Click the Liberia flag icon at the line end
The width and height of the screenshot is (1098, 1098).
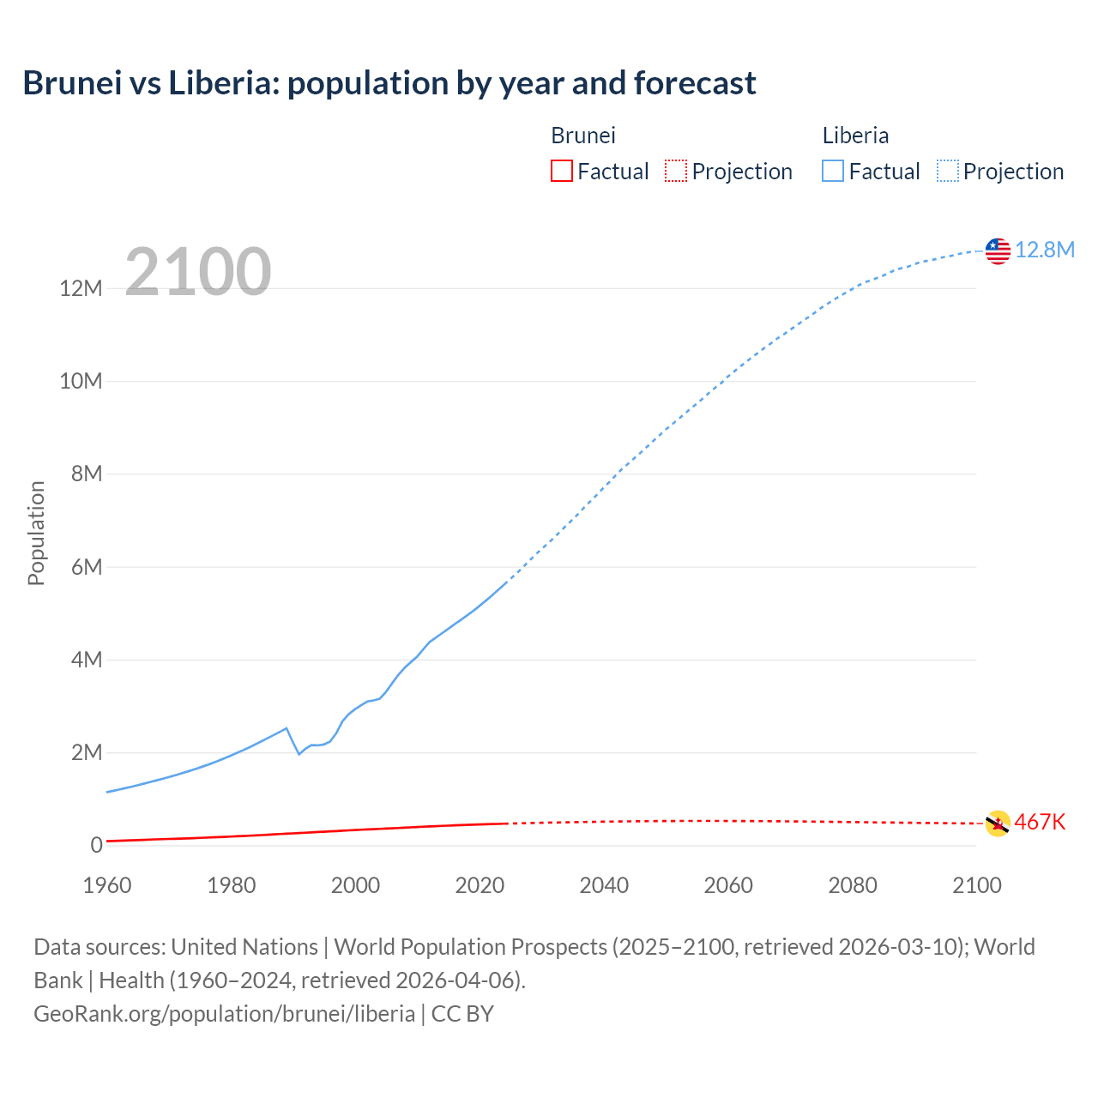point(998,250)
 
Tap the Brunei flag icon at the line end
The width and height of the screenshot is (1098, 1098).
point(998,823)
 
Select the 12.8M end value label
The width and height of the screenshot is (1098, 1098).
point(1045,250)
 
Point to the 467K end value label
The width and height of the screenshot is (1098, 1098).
point(1040,823)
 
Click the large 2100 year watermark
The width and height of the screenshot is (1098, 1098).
point(198,272)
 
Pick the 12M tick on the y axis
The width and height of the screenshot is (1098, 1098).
point(81,288)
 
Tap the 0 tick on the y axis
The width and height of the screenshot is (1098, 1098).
point(97,845)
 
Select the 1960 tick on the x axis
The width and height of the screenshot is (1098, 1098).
point(107,885)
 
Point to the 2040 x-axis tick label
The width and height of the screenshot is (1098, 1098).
point(604,885)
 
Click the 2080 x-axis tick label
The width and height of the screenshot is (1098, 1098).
point(853,885)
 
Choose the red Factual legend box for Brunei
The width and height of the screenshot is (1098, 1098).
point(561,171)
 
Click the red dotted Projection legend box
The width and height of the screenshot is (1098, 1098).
point(676,171)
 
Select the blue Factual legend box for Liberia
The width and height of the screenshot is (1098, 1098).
point(833,171)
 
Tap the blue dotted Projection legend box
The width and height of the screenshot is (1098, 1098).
point(948,171)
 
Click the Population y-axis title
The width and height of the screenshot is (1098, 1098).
point(36,533)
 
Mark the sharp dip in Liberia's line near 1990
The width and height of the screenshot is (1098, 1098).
point(299,753)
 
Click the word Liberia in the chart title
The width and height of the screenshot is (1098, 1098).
point(222,83)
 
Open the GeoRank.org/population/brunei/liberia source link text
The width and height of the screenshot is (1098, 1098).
point(225,1013)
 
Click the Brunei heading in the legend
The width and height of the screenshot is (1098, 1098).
point(583,136)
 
